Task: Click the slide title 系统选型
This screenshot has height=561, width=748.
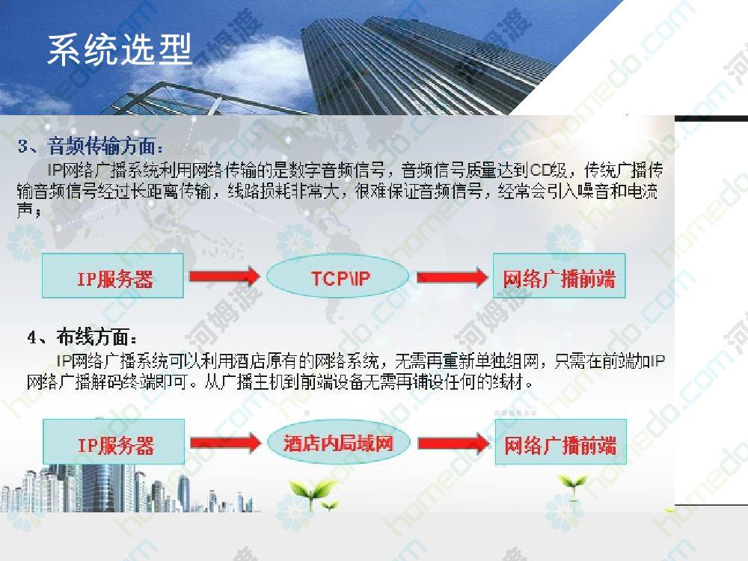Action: (x=120, y=49)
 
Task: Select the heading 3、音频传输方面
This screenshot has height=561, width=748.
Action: (x=89, y=146)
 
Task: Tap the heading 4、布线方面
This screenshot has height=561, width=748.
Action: (x=82, y=337)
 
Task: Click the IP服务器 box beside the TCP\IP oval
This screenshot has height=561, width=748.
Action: (x=113, y=276)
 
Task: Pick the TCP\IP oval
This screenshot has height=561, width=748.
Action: (x=338, y=276)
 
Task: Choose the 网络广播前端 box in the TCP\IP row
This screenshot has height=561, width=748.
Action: (x=559, y=276)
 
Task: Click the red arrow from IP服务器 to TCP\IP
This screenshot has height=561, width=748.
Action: (x=224, y=276)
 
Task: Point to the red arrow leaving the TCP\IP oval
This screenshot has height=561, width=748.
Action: (x=453, y=277)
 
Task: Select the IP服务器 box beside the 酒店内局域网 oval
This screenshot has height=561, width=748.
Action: (x=114, y=442)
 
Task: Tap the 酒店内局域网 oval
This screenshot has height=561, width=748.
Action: (x=339, y=442)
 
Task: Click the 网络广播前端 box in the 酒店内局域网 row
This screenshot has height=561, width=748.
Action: (x=560, y=442)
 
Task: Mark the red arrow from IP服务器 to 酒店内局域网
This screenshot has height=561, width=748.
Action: (x=226, y=443)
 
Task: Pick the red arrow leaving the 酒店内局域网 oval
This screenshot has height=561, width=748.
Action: (x=454, y=443)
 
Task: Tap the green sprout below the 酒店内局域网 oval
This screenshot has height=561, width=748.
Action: (x=313, y=493)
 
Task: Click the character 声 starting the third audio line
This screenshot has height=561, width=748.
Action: (x=25, y=210)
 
